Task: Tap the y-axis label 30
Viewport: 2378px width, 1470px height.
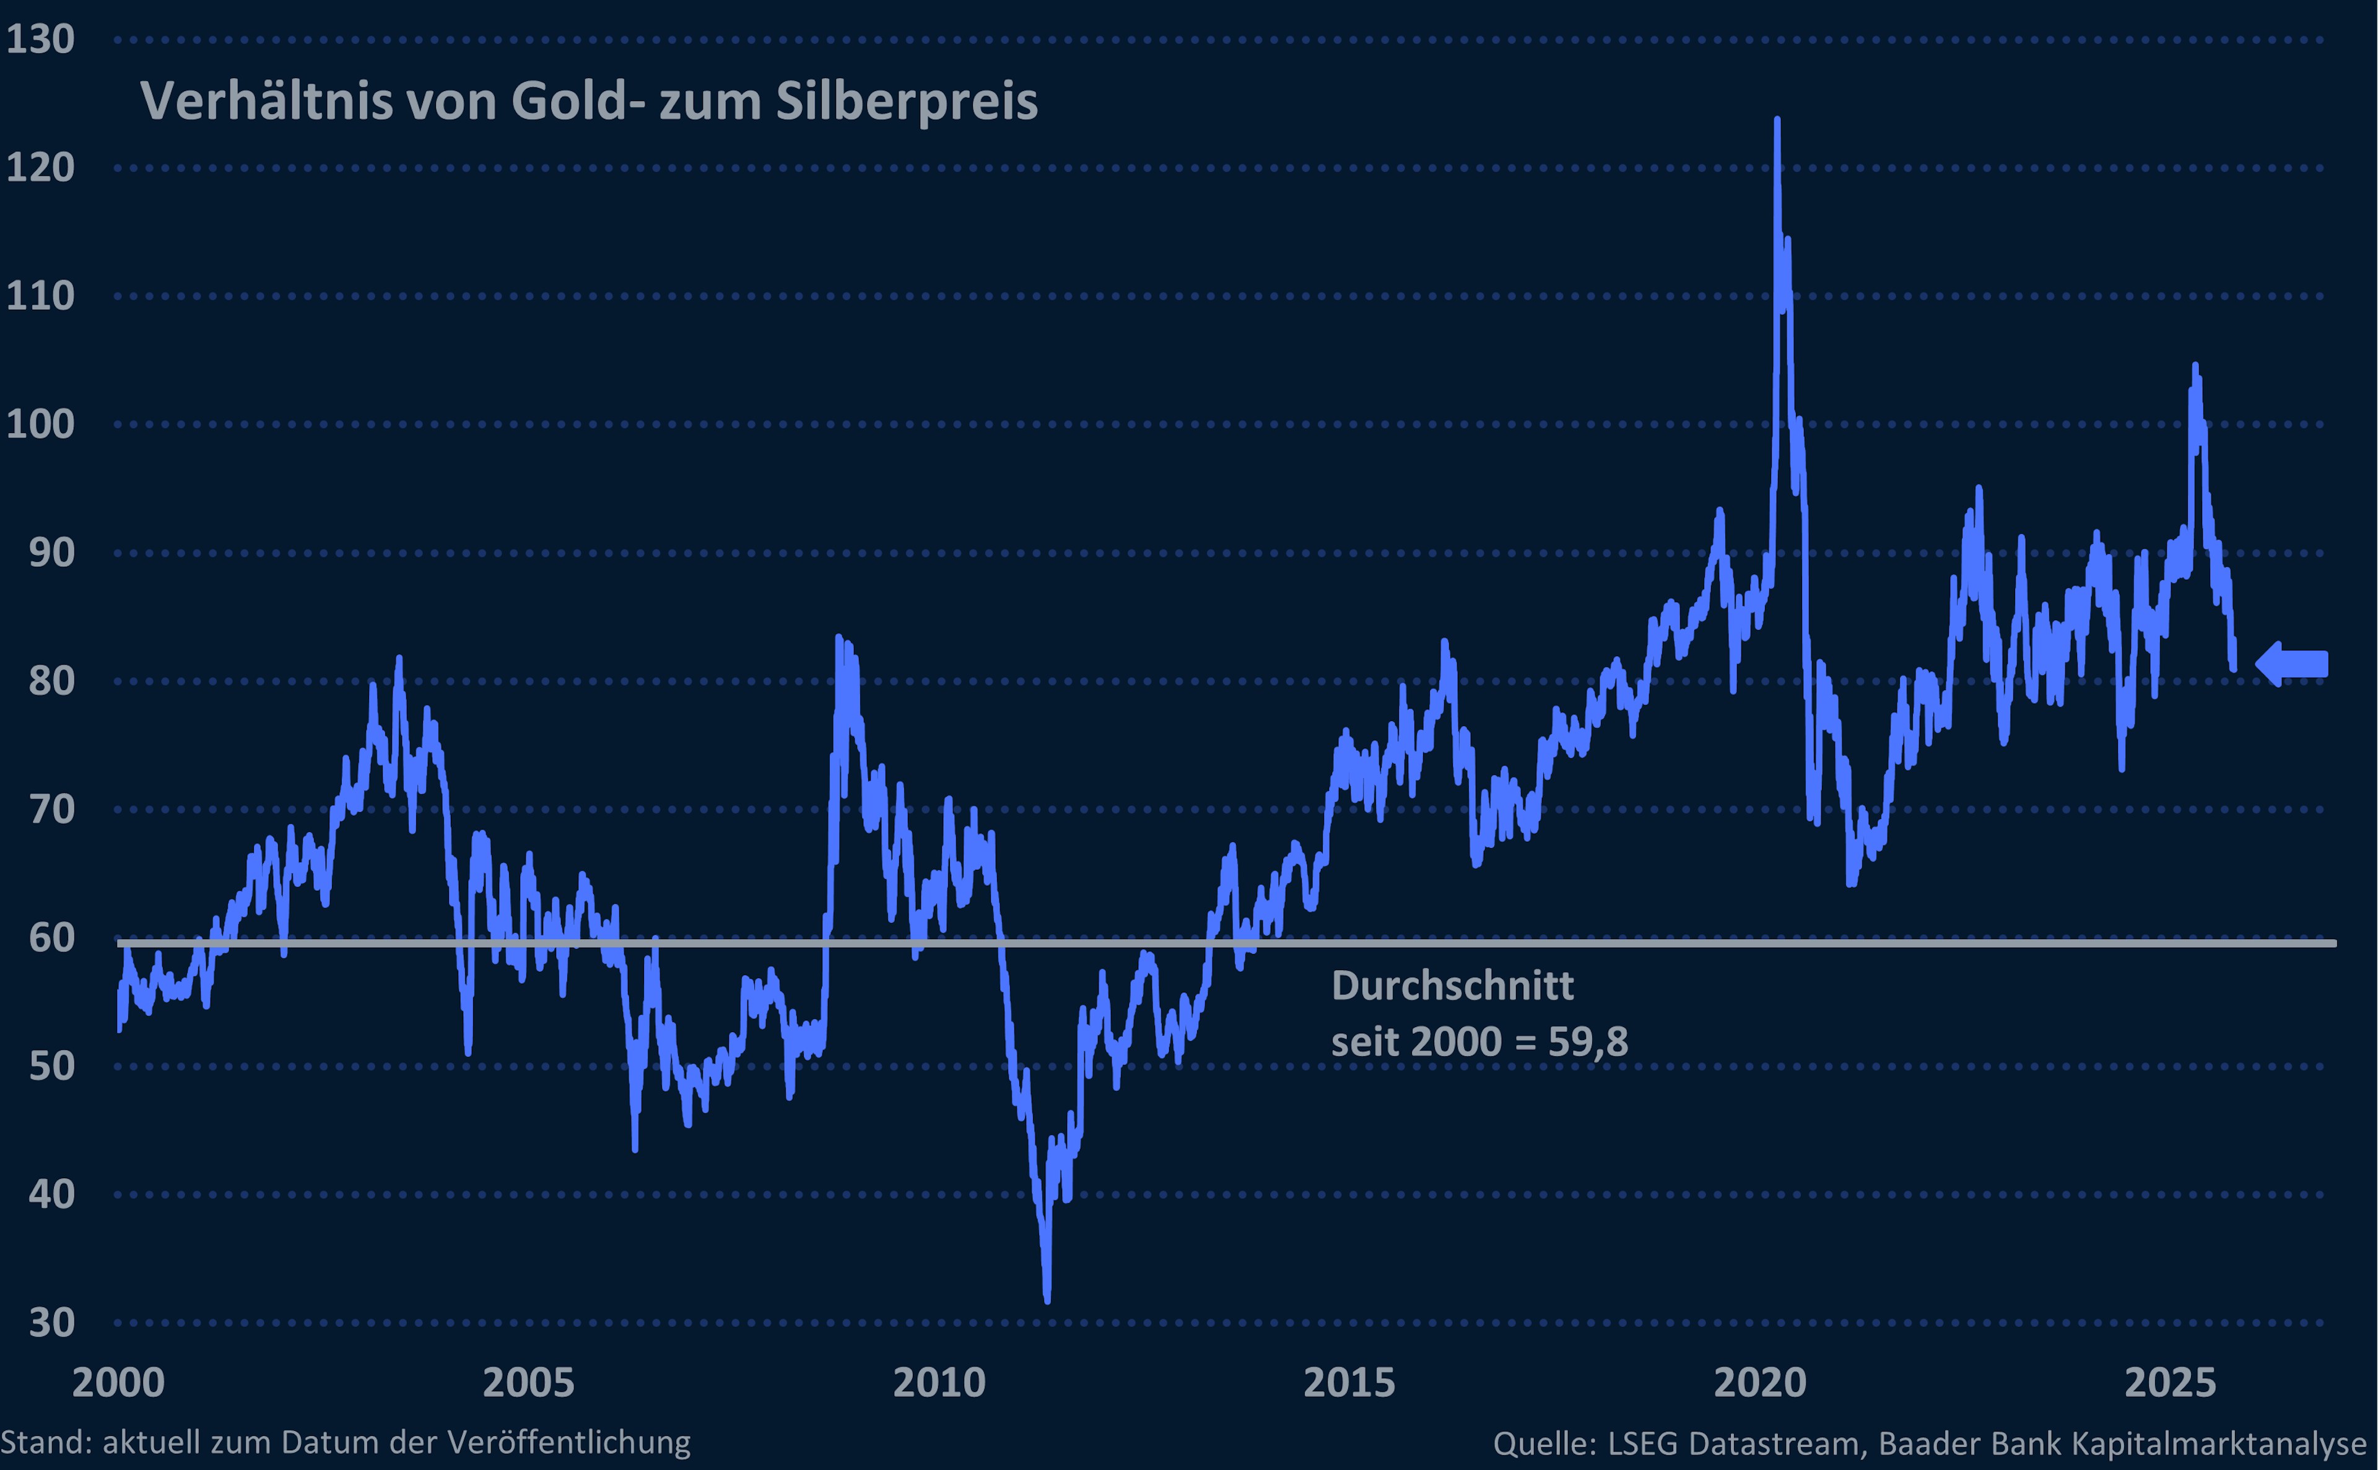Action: tap(51, 1322)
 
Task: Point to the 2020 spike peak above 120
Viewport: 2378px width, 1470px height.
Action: tap(1777, 121)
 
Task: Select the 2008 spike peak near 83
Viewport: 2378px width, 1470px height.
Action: tap(838, 638)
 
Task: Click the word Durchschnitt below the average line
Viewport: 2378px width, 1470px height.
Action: tap(1452, 986)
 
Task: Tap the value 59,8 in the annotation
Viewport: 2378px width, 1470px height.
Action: tap(1587, 1042)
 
